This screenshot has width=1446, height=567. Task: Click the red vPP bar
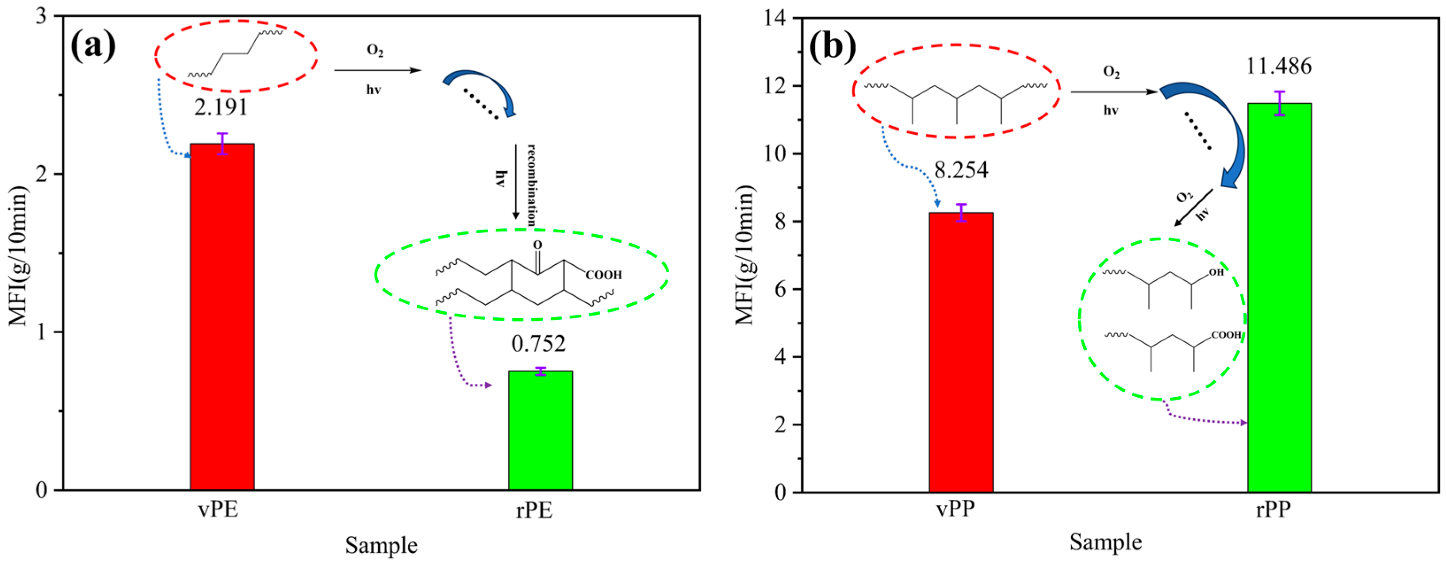pos(961,352)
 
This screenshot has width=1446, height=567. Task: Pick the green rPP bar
pos(1279,298)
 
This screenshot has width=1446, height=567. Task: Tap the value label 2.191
pos(221,107)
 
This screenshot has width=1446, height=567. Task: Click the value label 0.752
pos(538,343)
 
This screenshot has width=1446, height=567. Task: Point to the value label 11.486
pos(1279,66)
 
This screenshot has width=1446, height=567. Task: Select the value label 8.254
pos(961,170)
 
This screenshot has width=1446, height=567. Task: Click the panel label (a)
pos(92,46)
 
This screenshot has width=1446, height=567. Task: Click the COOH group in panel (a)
pos(603,275)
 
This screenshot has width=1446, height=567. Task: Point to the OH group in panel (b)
pos(1216,272)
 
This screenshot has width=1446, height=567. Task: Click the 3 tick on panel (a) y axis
pos(42,16)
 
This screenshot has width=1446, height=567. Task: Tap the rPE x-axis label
pos(534,510)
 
